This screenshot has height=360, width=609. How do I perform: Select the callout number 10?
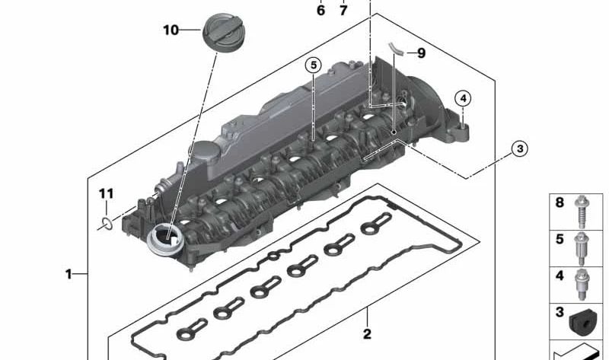click(171, 30)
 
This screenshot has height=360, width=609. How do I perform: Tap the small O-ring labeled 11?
click(107, 223)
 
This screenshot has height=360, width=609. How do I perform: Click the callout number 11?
click(106, 193)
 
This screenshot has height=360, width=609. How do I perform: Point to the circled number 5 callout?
click(314, 65)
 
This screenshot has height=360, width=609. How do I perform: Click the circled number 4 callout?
click(463, 99)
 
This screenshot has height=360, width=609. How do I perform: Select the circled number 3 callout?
click(520, 148)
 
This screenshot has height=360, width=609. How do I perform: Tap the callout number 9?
click(422, 53)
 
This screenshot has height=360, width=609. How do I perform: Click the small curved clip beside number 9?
click(396, 49)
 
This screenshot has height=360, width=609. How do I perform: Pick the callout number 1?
click(69, 275)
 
